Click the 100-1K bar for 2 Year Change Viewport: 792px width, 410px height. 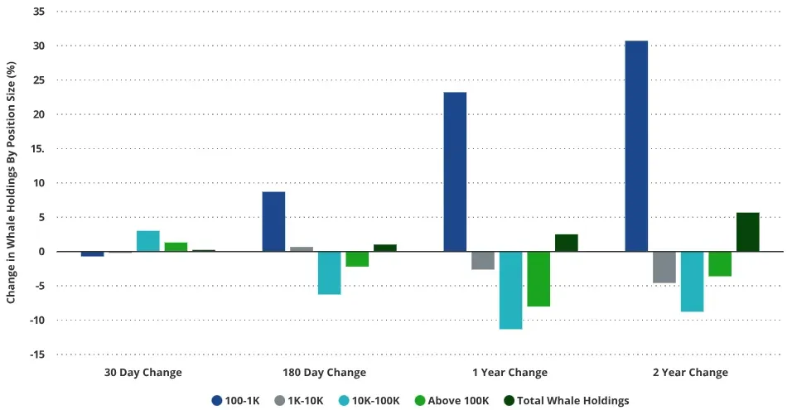(636, 146)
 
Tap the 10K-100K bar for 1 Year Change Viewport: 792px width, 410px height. (510, 290)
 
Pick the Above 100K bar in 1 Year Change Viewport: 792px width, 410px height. (538, 279)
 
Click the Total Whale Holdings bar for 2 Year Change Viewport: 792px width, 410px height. (747, 232)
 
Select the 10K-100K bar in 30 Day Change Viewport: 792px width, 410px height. (148, 241)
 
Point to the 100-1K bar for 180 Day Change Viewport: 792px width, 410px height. (273, 221)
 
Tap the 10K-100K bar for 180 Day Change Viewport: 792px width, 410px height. (329, 273)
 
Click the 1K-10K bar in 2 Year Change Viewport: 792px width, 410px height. (664, 267)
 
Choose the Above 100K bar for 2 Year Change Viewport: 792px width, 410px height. (720, 263)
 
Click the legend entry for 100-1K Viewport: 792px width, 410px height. (235, 400)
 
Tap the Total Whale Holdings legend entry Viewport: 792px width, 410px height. (567, 400)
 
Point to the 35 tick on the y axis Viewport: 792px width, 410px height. (39, 12)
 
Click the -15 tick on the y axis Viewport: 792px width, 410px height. (37, 355)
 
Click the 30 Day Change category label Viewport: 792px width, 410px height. (142, 373)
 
